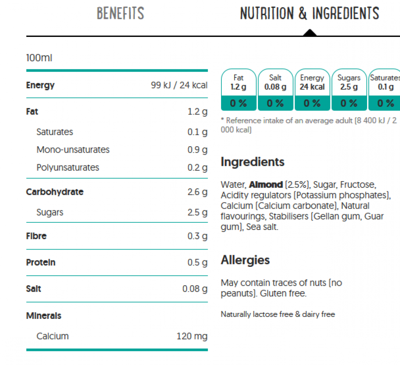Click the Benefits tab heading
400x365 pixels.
[x=121, y=14]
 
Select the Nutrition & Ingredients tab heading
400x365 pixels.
[x=309, y=14]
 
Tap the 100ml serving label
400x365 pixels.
[x=39, y=58]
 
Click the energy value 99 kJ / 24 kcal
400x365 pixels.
[x=179, y=85]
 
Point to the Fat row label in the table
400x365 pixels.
[x=32, y=111]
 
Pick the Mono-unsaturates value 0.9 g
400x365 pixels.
[x=197, y=150]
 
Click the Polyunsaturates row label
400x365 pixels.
[x=68, y=167]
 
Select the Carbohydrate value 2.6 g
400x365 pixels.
[x=197, y=192]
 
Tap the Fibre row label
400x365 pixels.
[x=36, y=236]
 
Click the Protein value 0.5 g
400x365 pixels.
[x=197, y=262]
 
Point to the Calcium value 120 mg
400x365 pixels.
[x=192, y=336]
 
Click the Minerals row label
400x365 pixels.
[x=44, y=316]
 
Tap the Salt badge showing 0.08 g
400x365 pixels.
[x=275, y=89]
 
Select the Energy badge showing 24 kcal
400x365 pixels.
[x=312, y=89]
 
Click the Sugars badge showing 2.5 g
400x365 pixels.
[x=349, y=89]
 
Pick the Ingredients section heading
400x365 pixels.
[x=252, y=162]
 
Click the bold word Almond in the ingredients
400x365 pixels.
[x=266, y=185]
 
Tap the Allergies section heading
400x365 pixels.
[x=245, y=260]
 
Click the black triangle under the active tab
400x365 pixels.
[x=310, y=32]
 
